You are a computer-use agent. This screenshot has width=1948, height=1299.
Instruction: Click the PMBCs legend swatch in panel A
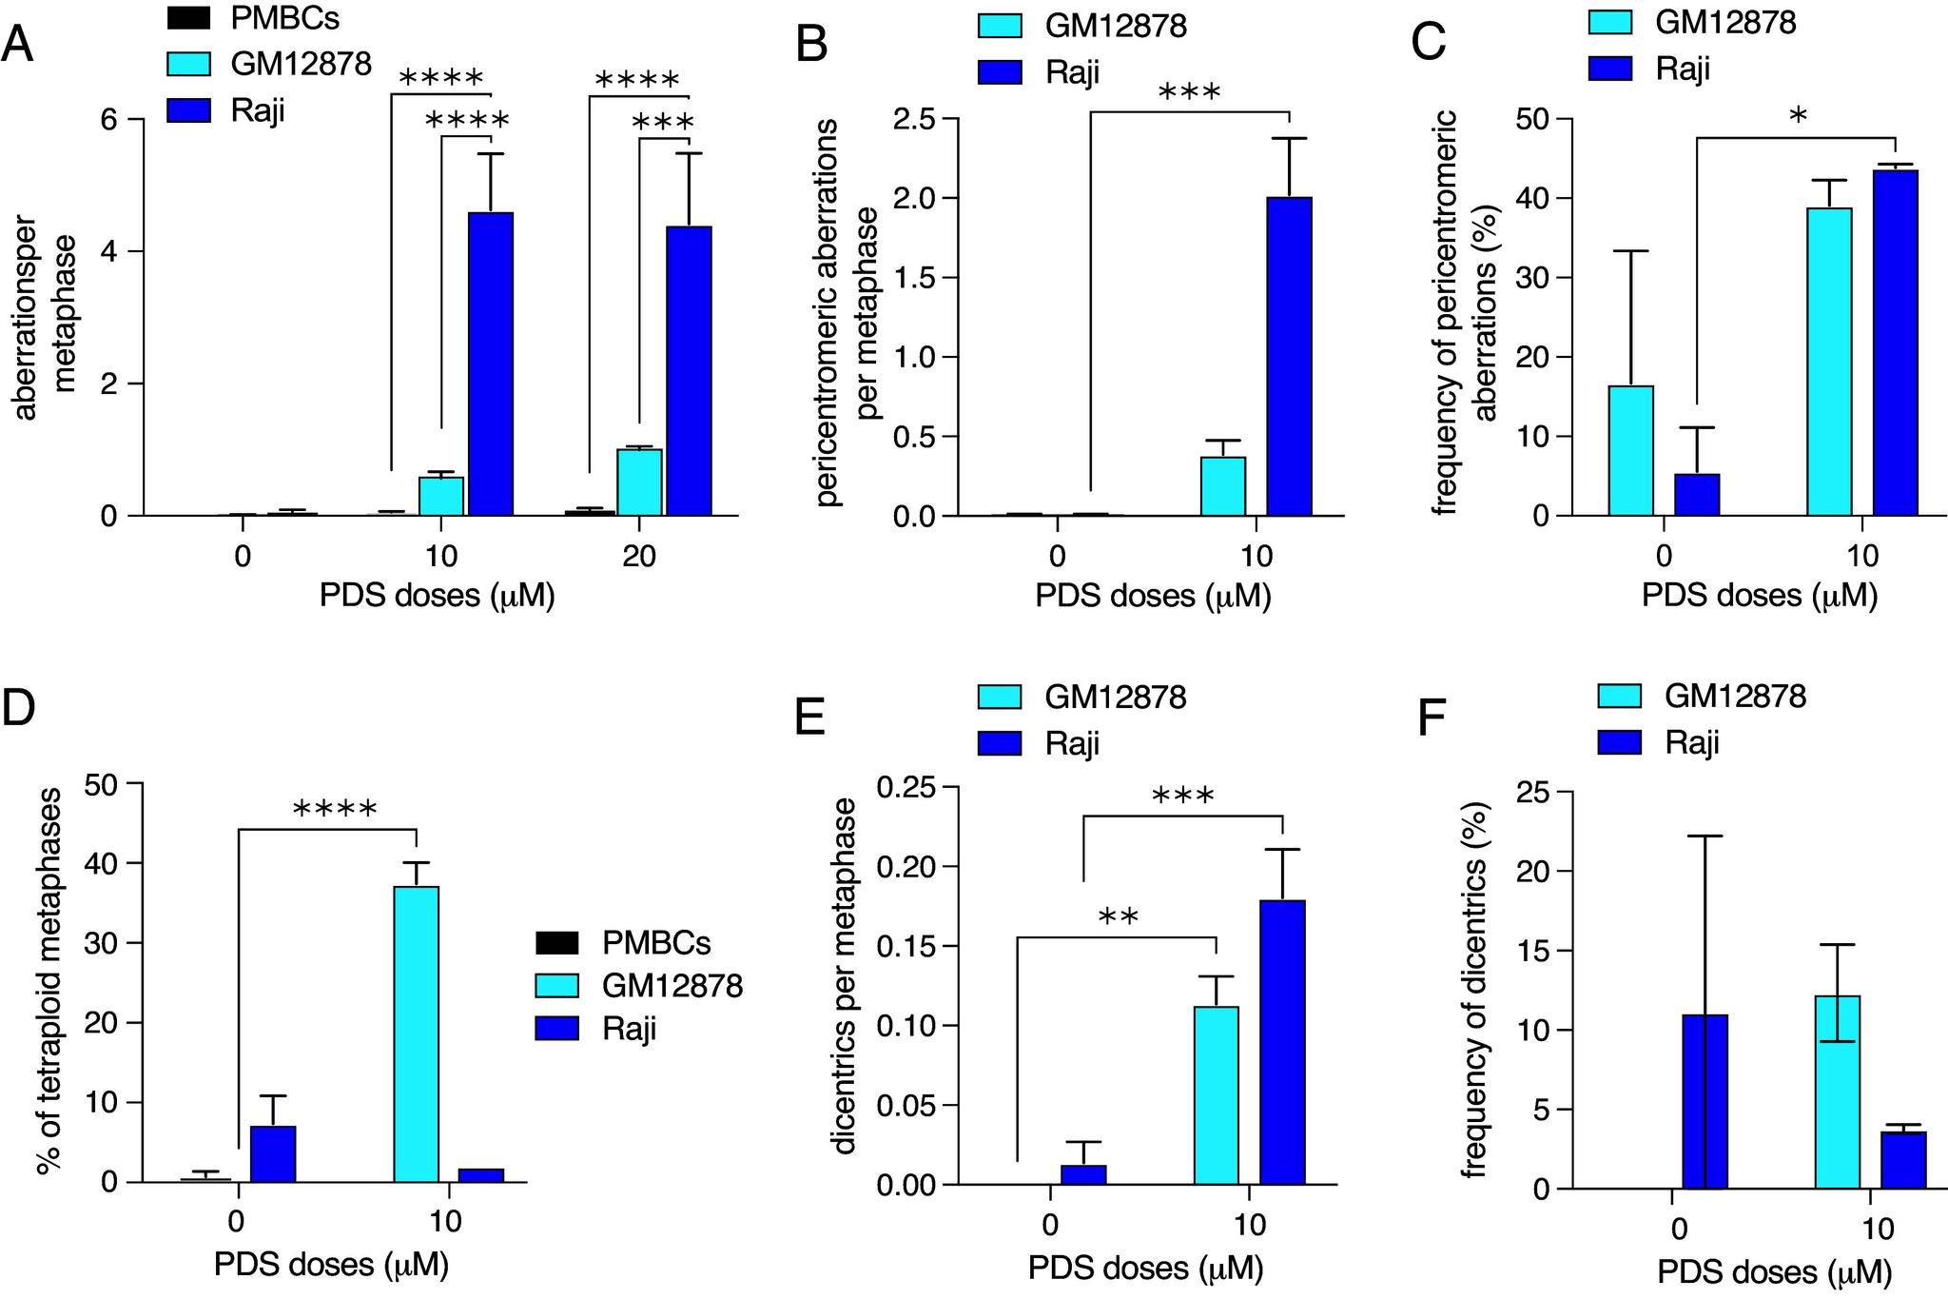tap(188, 17)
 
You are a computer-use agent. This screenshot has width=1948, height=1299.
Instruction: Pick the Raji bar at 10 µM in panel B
tap(1289, 356)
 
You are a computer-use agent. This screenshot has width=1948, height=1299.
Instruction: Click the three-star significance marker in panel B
tap(1189, 93)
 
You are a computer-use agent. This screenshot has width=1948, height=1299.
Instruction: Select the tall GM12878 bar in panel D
tap(417, 1033)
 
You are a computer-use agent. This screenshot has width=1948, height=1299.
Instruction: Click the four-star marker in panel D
tap(335, 810)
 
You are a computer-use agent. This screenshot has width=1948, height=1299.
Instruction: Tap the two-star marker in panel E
tap(1118, 917)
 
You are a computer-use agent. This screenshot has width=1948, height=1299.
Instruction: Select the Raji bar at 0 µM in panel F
tap(1704, 1101)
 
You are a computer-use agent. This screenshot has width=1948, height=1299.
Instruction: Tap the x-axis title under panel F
tap(1774, 1271)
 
